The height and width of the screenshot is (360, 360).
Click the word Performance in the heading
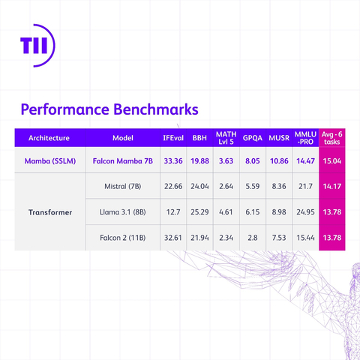coord(66,109)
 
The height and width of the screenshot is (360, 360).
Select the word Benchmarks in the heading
coord(157,109)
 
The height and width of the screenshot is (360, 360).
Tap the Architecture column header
coord(49,138)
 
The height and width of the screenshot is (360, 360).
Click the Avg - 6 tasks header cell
coord(331,138)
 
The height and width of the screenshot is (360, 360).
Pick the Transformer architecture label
coord(49,212)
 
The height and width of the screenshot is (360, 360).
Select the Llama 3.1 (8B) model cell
coord(123,212)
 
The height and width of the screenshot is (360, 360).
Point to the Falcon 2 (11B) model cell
coord(123,238)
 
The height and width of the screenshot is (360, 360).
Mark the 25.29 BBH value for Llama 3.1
coord(200,212)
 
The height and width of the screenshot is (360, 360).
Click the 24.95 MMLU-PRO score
coord(305,212)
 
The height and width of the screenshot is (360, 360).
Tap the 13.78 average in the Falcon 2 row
coord(331,238)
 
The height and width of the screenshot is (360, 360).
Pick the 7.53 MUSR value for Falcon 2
coord(278,238)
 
